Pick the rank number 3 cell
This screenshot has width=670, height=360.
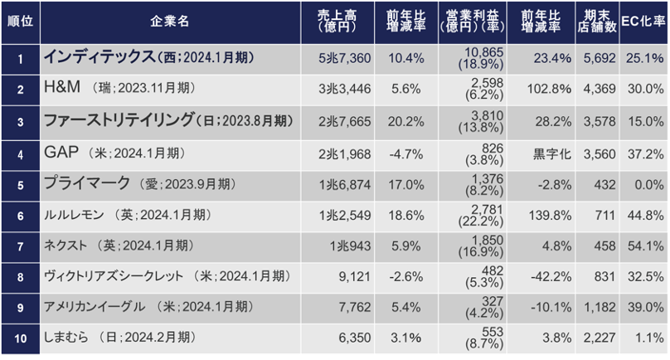[x=20, y=121]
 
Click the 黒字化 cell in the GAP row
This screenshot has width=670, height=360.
[x=550, y=153]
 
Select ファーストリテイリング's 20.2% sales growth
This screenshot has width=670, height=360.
[x=405, y=121]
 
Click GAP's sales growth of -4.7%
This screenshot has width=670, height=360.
[x=405, y=153]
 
